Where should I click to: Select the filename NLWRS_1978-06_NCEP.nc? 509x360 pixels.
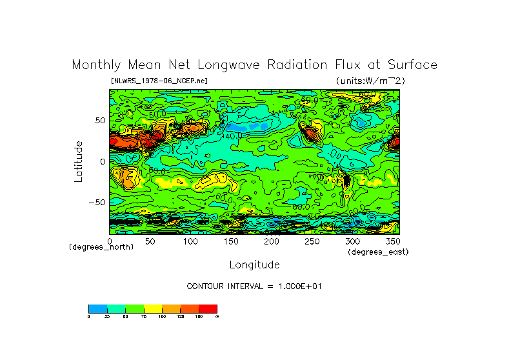[x=159, y=81]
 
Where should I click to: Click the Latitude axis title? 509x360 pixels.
[x=78, y=161]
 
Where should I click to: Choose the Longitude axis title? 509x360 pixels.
[x=254, y=265]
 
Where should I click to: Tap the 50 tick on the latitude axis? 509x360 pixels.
[x=99, y=121]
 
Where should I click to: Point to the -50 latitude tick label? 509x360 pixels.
[x=96, y=202]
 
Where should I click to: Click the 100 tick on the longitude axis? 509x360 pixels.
[x=190, y=241]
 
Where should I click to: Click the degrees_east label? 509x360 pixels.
[x=378, y=252]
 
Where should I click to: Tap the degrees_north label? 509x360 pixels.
[x=101, y=247]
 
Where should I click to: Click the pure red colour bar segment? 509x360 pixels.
[x=208, y=308]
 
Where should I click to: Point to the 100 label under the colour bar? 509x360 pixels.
[x=162, y=316]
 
